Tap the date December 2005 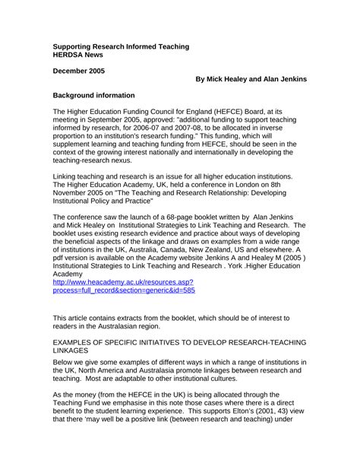click(x=79, y=71)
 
